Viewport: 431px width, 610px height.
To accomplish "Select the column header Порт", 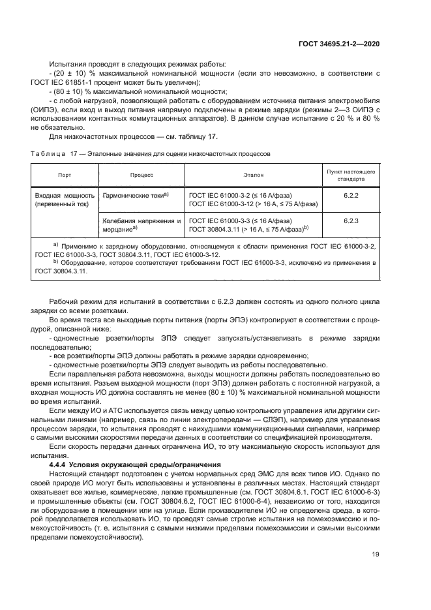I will pyautogui.click(x=65, y=175).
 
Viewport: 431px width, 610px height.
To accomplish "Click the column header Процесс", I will pyautogui.click(x=141, y=175).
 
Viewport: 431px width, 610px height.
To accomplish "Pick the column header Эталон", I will pyautogui.click(x=254, y=175).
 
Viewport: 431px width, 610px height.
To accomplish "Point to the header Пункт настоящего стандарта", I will pyautogui.click(x=351, y=175).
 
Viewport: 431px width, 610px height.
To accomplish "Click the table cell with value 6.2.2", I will pyautogui.click(x=351, y=194).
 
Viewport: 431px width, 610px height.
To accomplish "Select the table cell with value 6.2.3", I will pyautogui.click(x=351, y=221).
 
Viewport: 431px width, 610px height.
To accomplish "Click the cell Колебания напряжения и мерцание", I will pyautogui.click(x=141, y=225).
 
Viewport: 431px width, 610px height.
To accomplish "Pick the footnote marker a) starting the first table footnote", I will pyautogui.click(x=55, y=243).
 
